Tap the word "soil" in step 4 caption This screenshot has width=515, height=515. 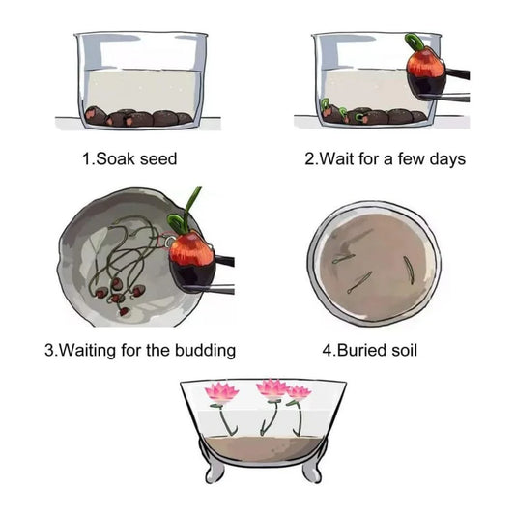click(x=404, y=350)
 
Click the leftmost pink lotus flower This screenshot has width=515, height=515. click(x=221, y=392)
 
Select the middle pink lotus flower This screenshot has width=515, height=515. click(x=272, y=388)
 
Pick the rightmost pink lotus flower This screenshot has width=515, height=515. click(x=299, y=392)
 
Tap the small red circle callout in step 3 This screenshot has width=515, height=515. click(x=166, y=241)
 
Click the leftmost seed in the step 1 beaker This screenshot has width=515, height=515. click(x=95, y=115)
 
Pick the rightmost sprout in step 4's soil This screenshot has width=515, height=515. click(x=408, y=269)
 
